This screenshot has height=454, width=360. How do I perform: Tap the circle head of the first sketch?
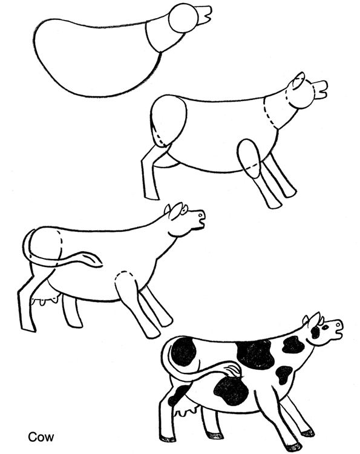(x=180, y=19)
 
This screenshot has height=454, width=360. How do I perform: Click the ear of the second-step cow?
(x=298, y=84)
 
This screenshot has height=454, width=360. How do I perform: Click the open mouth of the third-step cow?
(x=195, y=223)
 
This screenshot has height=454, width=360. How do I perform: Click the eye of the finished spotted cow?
(x=324, y=326)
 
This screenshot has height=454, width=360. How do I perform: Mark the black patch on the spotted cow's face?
(x=315, y=332)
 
